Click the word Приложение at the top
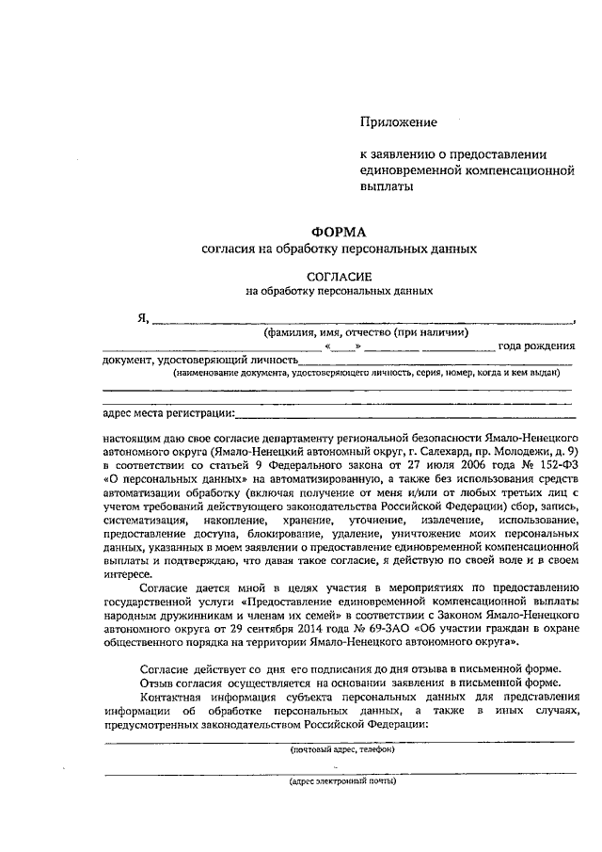400,121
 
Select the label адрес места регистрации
166,412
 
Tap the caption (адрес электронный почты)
341,781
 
